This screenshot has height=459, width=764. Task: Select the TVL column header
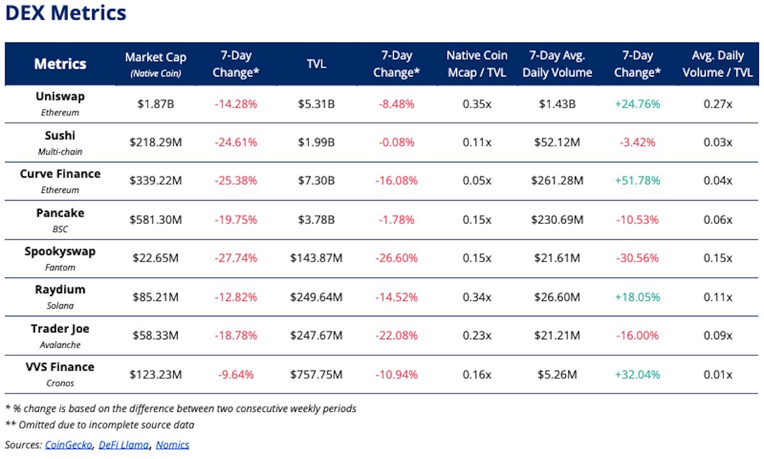pyautogui.click(x=316, y=64)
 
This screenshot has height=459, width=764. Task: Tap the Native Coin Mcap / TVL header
pyautogui.click(x=477, y=64)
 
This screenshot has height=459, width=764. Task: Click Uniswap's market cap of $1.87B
pyautogui.click(x=156, y=104)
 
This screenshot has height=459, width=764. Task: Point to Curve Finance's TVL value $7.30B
pyautogui.click(x=316, y=181)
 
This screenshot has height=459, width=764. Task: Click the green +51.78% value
pyautogui.click(x=637, y=181)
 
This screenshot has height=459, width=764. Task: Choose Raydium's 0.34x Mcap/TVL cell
pyautogui.click(x=477, y=297)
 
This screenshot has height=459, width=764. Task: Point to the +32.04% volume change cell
pyautogui.click(x=637, y=374)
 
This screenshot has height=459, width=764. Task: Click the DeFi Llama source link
pyautogui.click(x=123, y=444)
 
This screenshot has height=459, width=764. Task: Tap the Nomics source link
pyautogui.click(x=173, y=444)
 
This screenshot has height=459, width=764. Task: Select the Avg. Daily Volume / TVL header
pyautogui.click(x=717, y=64)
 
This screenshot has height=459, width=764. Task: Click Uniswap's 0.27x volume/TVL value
pyautogui.click(x=717, y=104)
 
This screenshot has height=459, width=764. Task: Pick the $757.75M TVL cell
pyautogui.click(x=316, y=374)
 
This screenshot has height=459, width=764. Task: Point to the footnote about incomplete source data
pyautogui.click(x=100, y=425)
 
